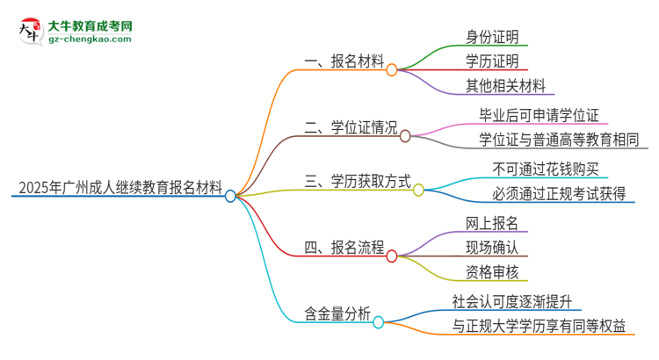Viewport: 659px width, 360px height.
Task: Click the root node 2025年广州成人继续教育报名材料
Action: pyautogui.click(x=118, y=186)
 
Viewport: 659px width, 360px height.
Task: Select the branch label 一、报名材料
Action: pyautogui.click(x=344, y=61)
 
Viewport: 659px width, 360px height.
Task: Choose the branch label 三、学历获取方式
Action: pyautogui.click(x=358, y=184)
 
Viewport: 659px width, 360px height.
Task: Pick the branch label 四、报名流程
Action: pyautogui.click(x=344, y=248)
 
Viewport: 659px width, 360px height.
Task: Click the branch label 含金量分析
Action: pyautogui.click(x=337, y=316)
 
